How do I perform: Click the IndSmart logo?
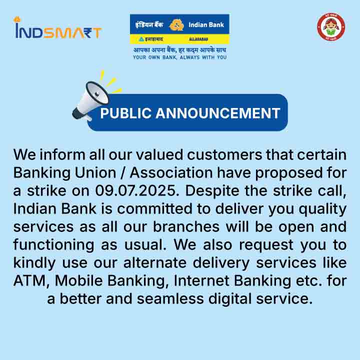click(x=57, y=28)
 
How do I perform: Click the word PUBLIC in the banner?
click(x=126, y=113)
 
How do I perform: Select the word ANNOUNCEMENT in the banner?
click(x=218, y=113)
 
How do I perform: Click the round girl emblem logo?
click(x=331, y=27)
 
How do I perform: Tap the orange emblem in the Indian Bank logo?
click(x=176, y=25)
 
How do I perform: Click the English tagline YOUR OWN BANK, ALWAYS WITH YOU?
click(x=180, y=57)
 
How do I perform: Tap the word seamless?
click(x=170, y=298)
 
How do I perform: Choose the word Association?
click(x=171, y=172)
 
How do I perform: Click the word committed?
click(x=154, y=208)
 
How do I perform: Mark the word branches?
click(x=186, y=226)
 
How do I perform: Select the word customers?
click(x=224, y=154)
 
